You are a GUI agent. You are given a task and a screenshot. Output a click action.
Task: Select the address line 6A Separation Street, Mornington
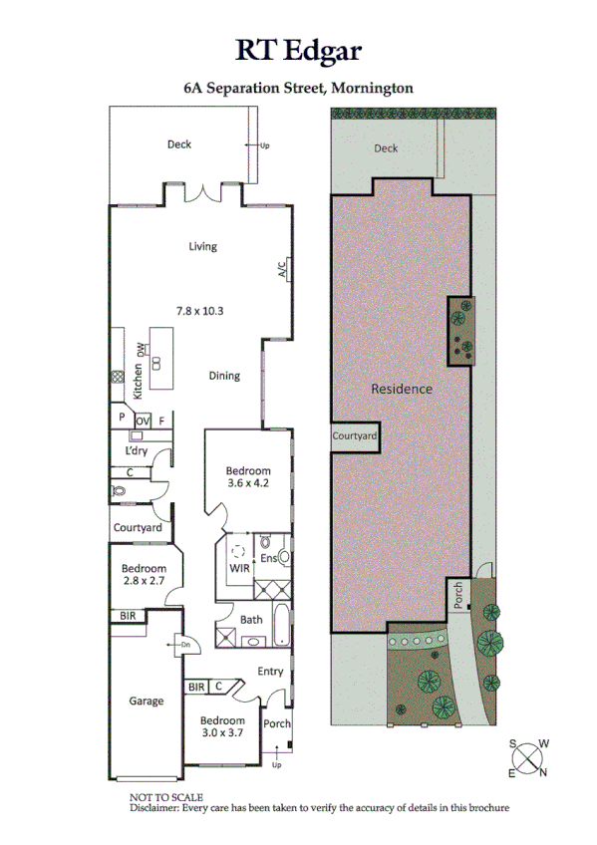click(x=298, y=88)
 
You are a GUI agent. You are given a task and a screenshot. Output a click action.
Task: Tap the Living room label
click(x=203, y=247)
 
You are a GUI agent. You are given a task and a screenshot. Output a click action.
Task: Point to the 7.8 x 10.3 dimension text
click(x=199, y=311)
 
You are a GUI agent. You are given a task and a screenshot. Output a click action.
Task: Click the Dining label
click(x=224, y=376)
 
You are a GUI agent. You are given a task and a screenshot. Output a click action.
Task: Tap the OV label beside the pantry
click(x=142, y=421)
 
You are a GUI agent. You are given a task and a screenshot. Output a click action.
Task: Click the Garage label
click(x=146, y=702)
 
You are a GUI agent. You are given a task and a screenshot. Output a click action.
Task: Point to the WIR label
click(x=239, y=568)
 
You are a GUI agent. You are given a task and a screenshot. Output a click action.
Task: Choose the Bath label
click(x=251, y=619)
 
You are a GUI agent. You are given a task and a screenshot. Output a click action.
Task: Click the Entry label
click(x=270, y=672)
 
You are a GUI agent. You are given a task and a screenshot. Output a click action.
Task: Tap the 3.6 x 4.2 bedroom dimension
click(x=247, y=485)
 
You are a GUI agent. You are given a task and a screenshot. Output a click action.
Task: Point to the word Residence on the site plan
click(x=402, y=389)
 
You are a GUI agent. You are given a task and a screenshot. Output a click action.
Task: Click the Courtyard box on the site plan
click(x=354, y=435)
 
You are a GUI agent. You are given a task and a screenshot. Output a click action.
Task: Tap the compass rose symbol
click(x=528, y=758)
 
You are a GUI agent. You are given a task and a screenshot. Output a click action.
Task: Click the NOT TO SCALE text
click(x=166, y=797)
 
